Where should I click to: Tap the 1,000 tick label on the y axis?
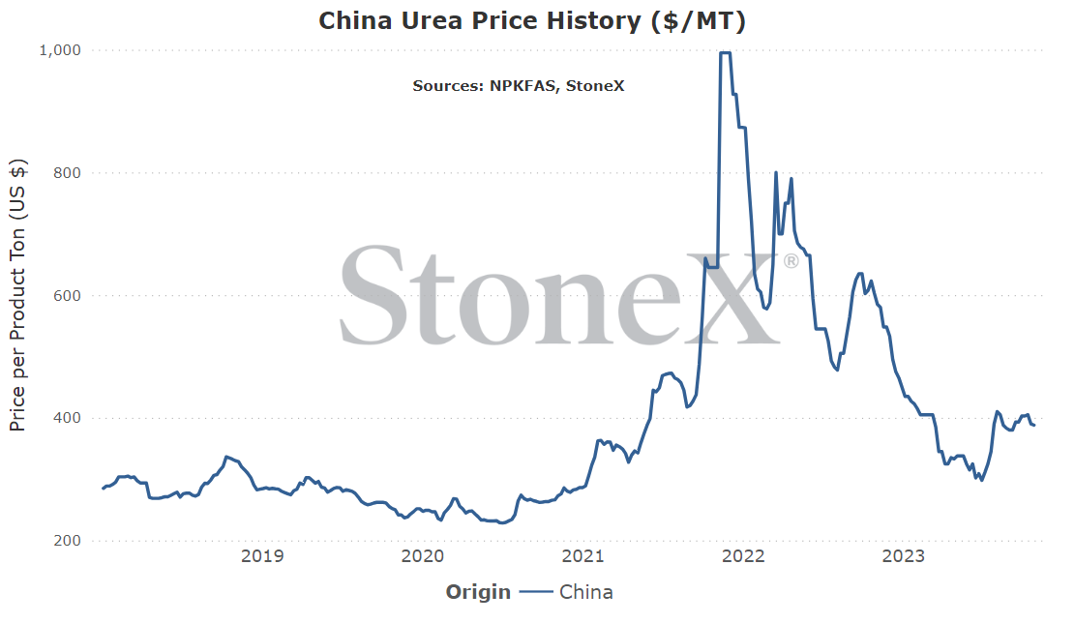[x=60, y=50]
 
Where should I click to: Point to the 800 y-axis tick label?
[x=67, y=173]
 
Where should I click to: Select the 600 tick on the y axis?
[x=67, y=295]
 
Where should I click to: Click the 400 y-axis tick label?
[x=67, y=418]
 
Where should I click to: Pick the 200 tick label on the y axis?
[x=67, y=541]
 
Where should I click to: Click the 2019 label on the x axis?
[x=262, y=555]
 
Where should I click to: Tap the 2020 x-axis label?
[x=422, y=555]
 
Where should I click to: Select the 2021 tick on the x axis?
[x=582, y=555]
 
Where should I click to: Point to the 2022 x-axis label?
[x=743, y=555]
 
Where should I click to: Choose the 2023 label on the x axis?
[x=904, y=555]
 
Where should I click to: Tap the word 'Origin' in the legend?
[x=478, y=592]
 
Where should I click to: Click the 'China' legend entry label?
[x=586, y=592]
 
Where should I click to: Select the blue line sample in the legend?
[x=536, y=592]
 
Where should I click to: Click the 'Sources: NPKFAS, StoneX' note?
[x=519, y=86]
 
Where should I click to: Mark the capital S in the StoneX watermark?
[x=371, y=295]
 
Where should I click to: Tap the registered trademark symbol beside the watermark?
[x=791, y=261]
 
